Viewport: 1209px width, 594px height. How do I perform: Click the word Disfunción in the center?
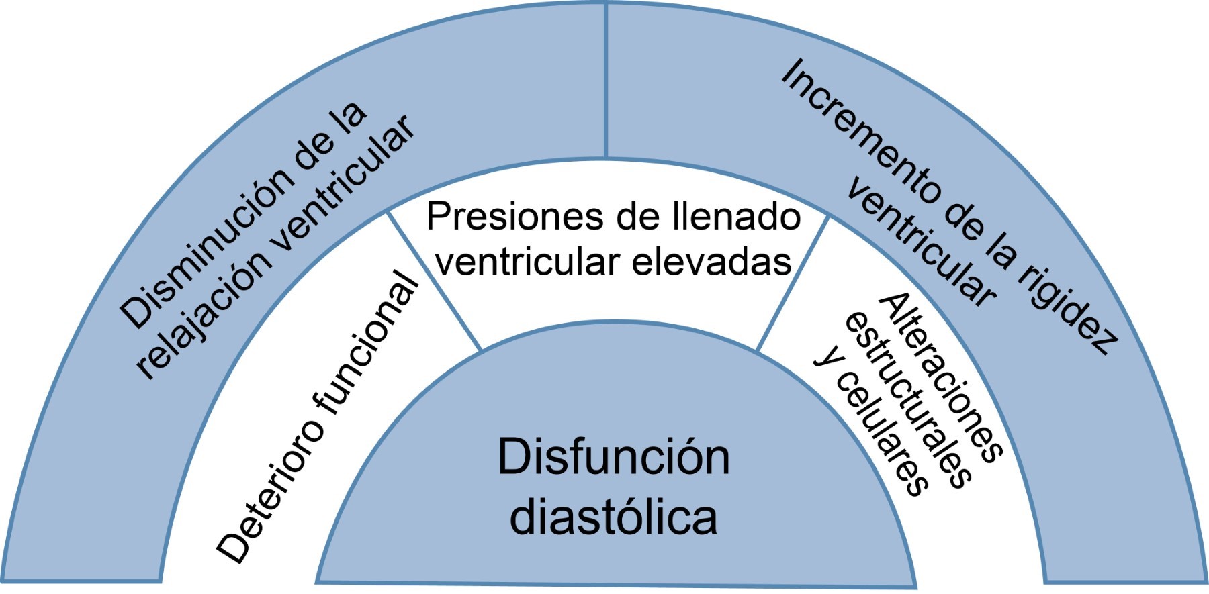613,458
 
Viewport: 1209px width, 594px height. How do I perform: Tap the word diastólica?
613,517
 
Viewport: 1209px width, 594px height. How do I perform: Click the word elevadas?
712,261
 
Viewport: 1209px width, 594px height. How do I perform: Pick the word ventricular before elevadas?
527,261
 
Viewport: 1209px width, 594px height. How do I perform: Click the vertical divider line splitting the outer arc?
606,81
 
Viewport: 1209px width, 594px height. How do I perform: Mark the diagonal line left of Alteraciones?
793,282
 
